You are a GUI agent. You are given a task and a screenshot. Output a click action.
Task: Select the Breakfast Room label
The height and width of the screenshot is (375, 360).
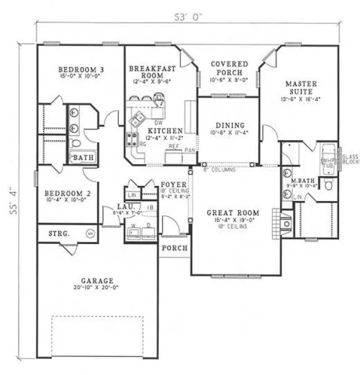152,72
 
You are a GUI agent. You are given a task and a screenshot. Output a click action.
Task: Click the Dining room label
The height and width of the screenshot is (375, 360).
230,125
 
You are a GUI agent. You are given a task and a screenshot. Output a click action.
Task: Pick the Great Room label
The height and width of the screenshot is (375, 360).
233,213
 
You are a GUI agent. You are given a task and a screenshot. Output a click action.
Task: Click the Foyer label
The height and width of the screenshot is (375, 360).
170,185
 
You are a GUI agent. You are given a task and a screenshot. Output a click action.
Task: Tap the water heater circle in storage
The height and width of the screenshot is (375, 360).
89,233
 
